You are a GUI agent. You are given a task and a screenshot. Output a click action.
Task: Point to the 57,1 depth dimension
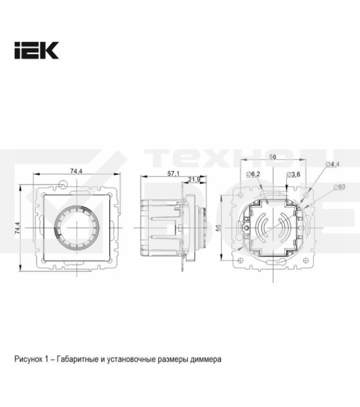click(173, 174)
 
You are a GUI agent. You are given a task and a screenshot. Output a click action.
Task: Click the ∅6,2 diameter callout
click(254, 175)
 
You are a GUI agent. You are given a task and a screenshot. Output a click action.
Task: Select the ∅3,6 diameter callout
click(293, 175)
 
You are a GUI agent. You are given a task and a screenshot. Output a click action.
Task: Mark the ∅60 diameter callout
click(339, 187)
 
